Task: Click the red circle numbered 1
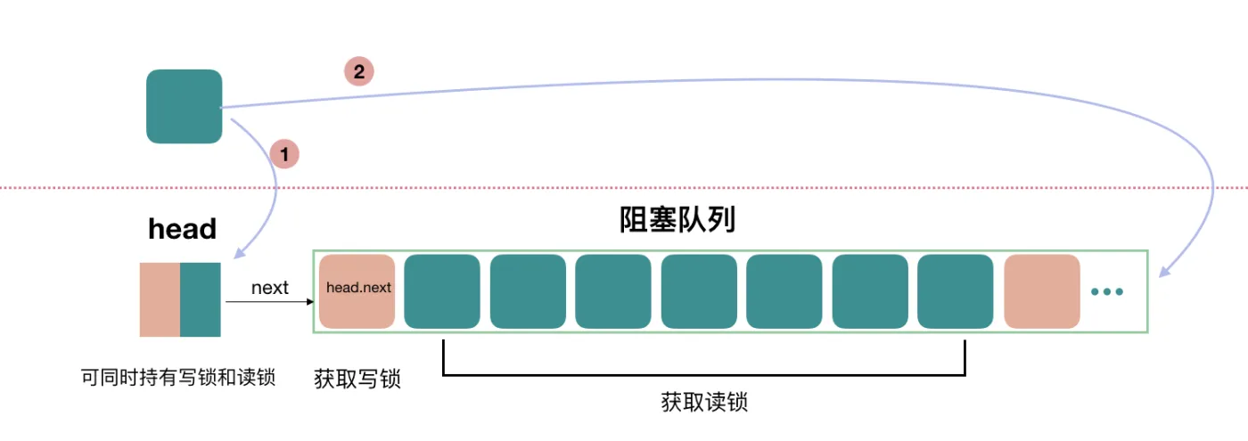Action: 284,154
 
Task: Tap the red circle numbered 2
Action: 359,72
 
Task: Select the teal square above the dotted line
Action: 184,106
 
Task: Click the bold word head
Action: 182,229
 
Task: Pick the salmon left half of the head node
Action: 160,299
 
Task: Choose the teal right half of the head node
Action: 201,299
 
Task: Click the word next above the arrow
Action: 269,288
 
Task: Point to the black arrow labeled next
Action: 267,302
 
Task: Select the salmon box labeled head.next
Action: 357,291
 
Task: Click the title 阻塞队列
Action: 677,220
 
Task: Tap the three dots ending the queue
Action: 1107,292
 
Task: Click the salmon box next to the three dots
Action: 1042,291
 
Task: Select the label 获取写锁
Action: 357,380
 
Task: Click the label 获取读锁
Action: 704,403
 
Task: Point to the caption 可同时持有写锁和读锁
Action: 178,378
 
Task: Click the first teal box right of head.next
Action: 442,291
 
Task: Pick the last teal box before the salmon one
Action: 956,291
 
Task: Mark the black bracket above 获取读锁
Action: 704,374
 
